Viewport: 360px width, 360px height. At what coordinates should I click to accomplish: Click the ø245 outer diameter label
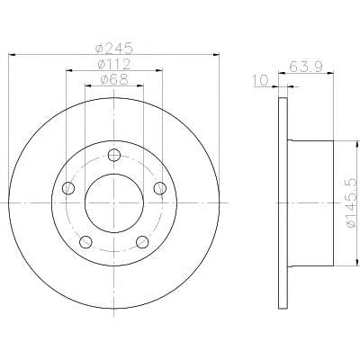point(114,48)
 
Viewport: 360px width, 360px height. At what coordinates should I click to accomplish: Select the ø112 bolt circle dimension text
point(114,64)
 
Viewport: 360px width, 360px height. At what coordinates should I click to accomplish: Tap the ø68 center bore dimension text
point(114,79)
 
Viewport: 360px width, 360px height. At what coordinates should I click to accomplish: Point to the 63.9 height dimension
point(306,67)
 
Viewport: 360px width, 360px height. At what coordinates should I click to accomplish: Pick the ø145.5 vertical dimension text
point(352,202)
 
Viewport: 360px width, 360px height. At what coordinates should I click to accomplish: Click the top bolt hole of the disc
point(114,155)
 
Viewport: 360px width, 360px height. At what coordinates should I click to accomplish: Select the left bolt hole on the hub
point(68,188)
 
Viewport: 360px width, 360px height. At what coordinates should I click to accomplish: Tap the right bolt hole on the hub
point(160,188)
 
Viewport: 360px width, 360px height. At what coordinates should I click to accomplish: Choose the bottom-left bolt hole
point(85,242)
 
